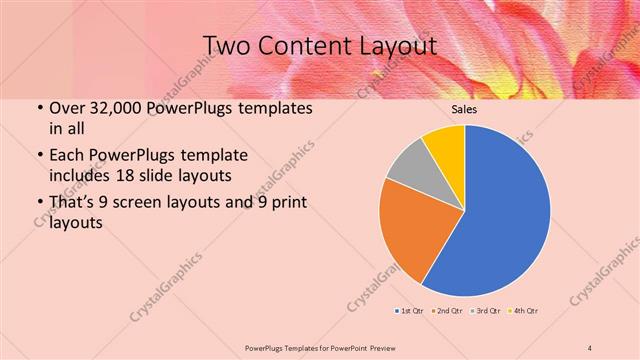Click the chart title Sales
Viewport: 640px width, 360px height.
pos(464,110)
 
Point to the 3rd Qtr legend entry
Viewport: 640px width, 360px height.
pos(487,311)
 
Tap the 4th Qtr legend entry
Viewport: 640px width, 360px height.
pos(526,311)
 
